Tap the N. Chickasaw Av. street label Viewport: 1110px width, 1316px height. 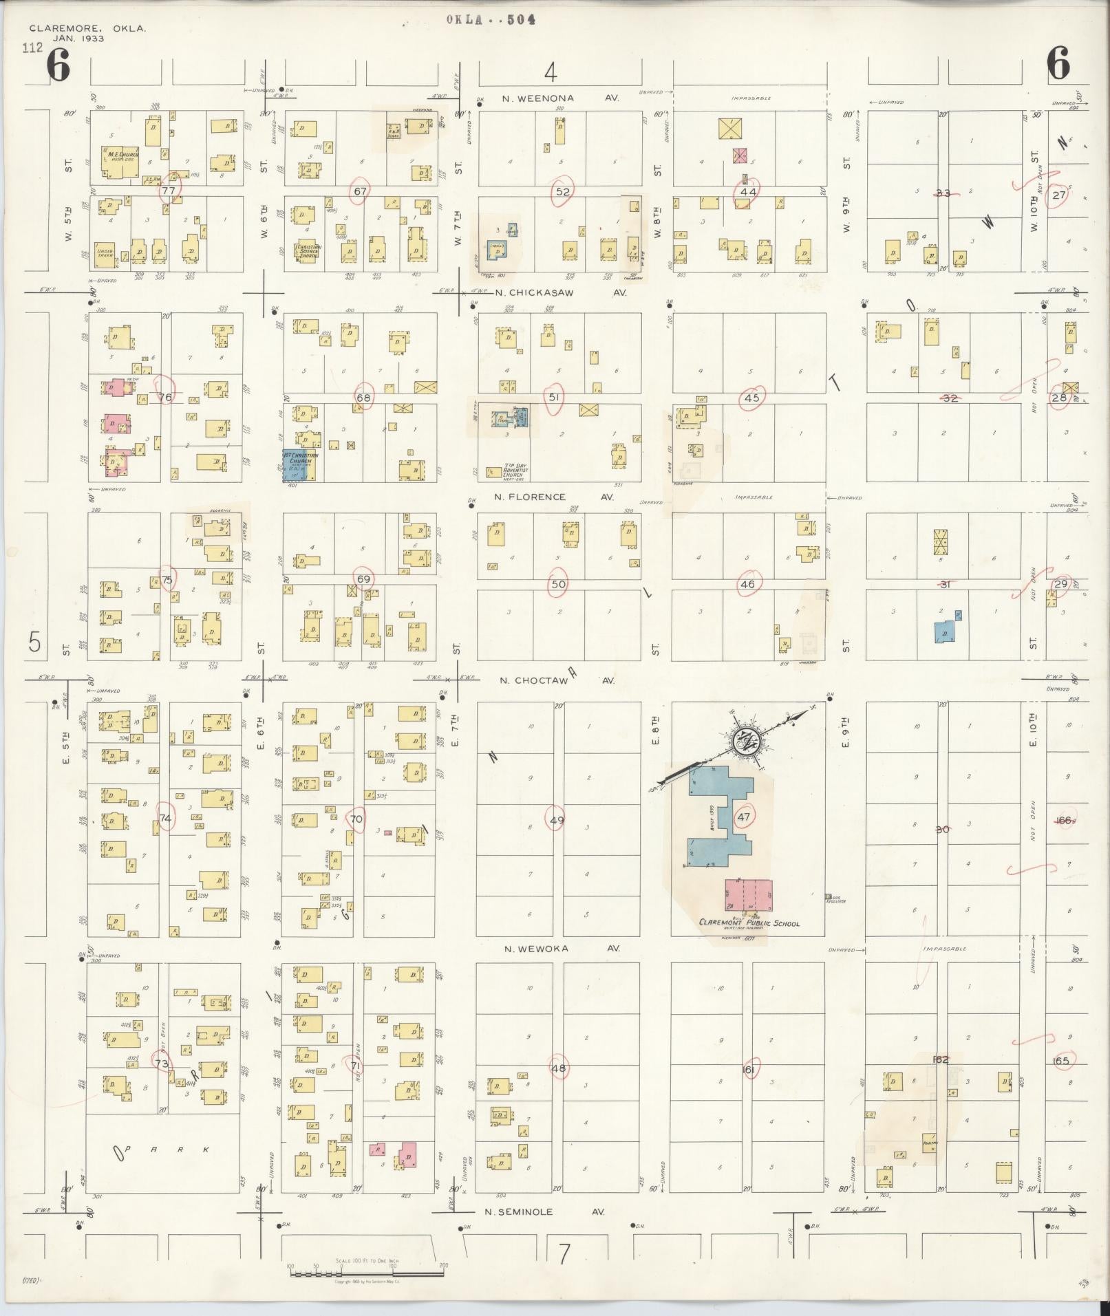pyautogui.click(x=561, y=292)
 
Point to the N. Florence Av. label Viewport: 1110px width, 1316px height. pyautogui.click(x=557, y=497)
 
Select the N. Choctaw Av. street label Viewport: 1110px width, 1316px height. pyautogui.click(x=557, y=680)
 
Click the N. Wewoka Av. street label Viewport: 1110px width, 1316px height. pyautogui.click(x=562, y=949)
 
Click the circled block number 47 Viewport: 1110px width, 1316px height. pyautogui.click(x=743, y=817)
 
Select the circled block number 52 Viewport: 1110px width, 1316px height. pyautogui.click(x=563, y=192)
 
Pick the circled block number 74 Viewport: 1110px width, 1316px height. pyautogui.click(x=165, y=818)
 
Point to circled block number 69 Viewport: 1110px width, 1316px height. pyautogui.click(x=363, y=579)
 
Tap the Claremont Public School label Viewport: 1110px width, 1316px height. pyautogui.click(x=749, y=923)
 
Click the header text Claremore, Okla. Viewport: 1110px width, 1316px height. pyautogui.click(x=87, y=29)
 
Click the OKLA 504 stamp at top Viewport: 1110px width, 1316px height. pyautogui.click(x=491, y=19)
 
